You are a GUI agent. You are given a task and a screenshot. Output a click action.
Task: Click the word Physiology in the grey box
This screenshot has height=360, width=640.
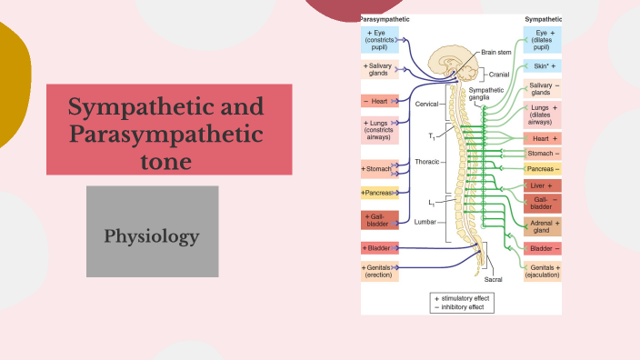[152, 237]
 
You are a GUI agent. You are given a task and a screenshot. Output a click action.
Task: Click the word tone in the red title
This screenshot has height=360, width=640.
[166, 162]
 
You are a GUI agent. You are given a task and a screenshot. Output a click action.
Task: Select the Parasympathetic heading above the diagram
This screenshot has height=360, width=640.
[385, 18]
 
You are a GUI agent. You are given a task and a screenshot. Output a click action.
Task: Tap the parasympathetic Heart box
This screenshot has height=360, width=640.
[379, 101]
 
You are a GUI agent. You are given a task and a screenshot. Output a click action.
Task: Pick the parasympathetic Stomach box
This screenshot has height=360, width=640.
[377, 169]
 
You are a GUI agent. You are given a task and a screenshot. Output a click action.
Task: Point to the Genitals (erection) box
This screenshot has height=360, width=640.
[379, 271]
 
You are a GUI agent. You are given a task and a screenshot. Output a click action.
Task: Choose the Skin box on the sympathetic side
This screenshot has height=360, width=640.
[542, 66]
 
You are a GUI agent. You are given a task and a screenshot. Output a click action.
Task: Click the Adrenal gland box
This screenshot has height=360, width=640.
[542, 226]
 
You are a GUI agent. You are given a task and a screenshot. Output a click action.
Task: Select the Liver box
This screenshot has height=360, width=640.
[542, 185]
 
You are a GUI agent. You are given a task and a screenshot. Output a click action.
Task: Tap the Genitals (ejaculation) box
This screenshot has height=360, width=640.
[542, 270]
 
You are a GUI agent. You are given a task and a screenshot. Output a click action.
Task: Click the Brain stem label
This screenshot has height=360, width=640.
[496, 53]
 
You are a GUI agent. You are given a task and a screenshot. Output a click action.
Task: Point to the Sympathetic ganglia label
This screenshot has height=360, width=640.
[486, 94]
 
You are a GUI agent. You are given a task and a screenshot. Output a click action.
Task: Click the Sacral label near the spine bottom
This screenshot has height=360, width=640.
[493, 280]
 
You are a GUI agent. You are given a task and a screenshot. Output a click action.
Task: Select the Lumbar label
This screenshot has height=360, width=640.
[426, 221]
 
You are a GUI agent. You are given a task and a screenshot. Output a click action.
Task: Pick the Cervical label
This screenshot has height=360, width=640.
[427, 105]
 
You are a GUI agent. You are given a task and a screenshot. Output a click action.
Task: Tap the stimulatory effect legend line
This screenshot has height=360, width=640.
[464, 298]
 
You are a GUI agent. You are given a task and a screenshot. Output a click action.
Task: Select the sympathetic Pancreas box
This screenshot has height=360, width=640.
[542, 169]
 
